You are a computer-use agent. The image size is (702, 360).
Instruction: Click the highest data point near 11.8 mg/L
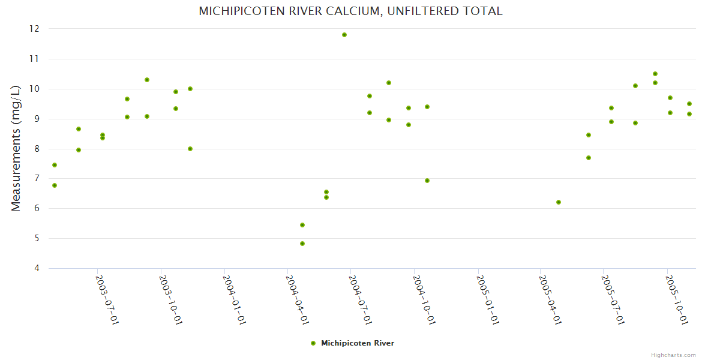[344, 35]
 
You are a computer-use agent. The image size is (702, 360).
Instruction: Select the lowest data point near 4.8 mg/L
[302, 244]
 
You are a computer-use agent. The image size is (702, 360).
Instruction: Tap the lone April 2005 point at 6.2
[559, 202]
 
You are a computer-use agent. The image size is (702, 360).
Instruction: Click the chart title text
[350, 11]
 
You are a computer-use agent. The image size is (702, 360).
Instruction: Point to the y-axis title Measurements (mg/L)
[16, 148]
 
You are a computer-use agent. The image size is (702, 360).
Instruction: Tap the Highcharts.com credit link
[673, 355]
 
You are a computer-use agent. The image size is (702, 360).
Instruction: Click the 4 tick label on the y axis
[36, 268]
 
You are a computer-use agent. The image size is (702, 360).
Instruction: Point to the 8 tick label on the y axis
[36, 149]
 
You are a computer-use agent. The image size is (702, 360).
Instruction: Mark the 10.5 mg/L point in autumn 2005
[655, 74]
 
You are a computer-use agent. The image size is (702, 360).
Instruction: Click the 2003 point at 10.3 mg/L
[147, 80]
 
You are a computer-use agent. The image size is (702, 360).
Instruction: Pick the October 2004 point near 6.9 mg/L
[427, 181]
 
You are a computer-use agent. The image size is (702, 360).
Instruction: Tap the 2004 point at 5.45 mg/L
[302, 225]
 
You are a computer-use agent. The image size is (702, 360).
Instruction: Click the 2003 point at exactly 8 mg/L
[190, 149]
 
